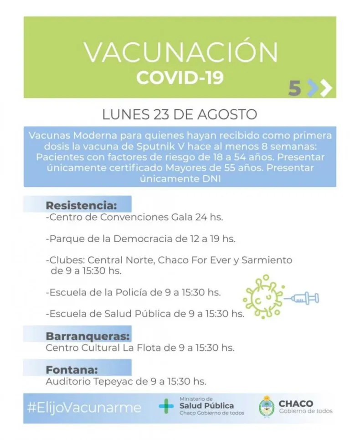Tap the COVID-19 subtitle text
coord(180,78)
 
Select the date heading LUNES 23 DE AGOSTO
coord(180,114)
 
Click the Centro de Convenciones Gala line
coord(134,217)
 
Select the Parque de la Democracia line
coord(140,239)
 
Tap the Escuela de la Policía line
coord(134,292)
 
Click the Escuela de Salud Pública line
coord(145,314)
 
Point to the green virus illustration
coord(263,297)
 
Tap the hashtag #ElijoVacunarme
coord(84,407)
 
